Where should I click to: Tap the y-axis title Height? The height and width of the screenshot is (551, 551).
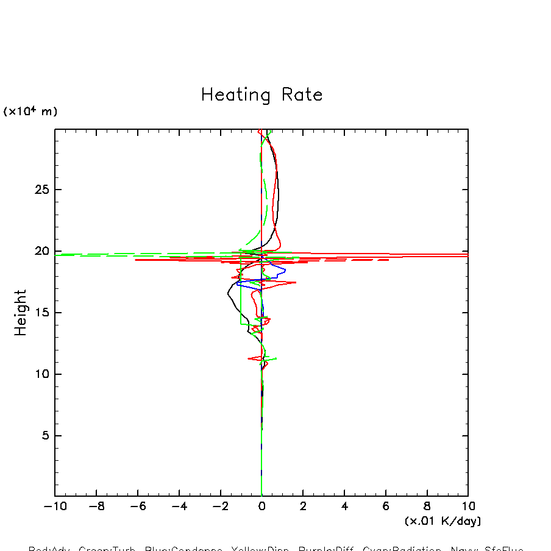coord(21,313)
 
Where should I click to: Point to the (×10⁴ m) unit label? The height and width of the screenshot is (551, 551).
coord(30,112)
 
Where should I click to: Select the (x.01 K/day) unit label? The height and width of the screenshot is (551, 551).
coord(443,521)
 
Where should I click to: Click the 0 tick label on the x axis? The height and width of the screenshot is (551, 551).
coord(262,507)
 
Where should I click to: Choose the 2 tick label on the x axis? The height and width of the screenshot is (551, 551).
coord(303,507)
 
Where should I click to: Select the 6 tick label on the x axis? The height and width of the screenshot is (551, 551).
coord(386,507)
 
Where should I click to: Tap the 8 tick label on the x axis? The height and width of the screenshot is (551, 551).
coord(427,507)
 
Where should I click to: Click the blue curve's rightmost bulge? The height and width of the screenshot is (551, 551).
coord(284,269)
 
